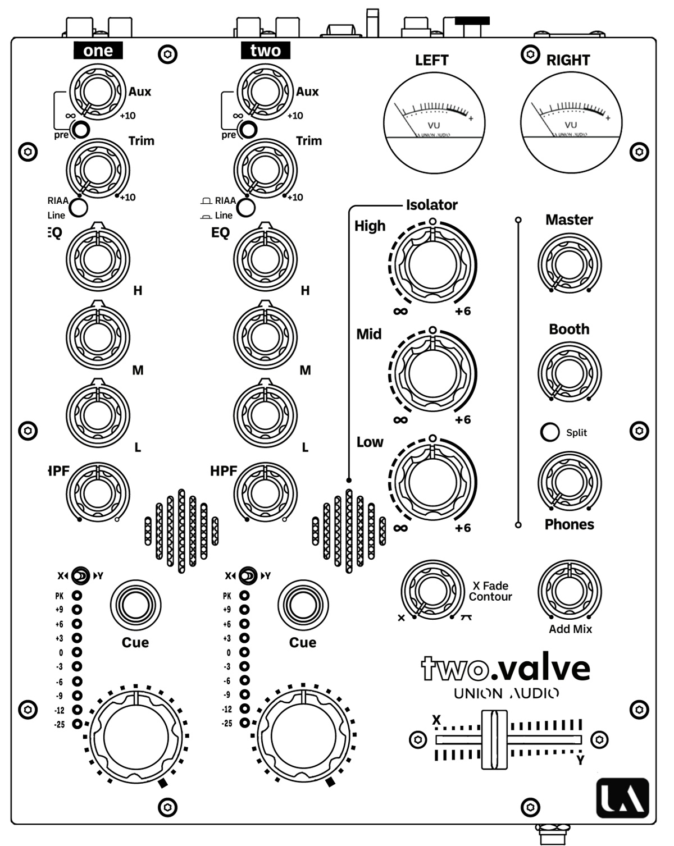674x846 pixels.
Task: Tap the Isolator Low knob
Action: (432, 482)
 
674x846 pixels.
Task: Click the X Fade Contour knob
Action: (432, 591)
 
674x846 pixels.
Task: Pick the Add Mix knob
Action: (569, 591)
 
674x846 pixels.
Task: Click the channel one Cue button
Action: (135, 605)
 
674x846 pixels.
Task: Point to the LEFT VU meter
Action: (434, 123)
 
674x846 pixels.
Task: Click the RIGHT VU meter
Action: (571, 123)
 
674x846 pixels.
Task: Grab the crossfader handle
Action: (494, 739)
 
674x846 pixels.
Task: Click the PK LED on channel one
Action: (76, 596)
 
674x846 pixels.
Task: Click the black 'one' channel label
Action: (98, 51)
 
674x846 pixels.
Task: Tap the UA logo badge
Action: (622, 798)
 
